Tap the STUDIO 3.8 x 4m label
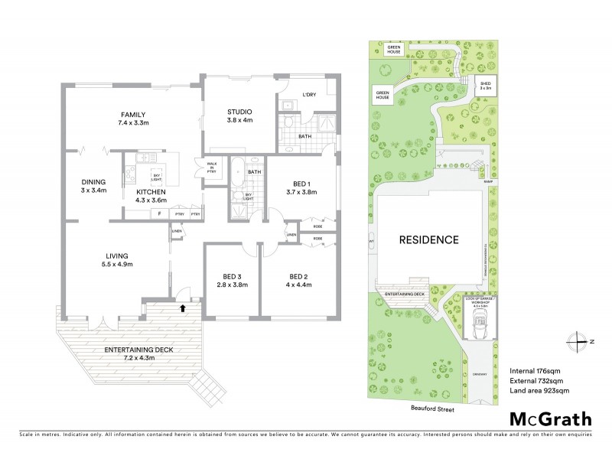pyautogui.click(x=239, y=115)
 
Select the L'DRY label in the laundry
pyautogui.click(x=309, y=94)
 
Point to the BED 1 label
pyautogui.click(x=299, y=187)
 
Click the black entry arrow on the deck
pyautogui.click(x=181, y=308)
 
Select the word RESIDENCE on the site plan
pyautogui.click(x=428, y=239)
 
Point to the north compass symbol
pyautogui.click(x=576, y=341)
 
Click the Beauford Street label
pyautogui.click(x=431, y=409)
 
